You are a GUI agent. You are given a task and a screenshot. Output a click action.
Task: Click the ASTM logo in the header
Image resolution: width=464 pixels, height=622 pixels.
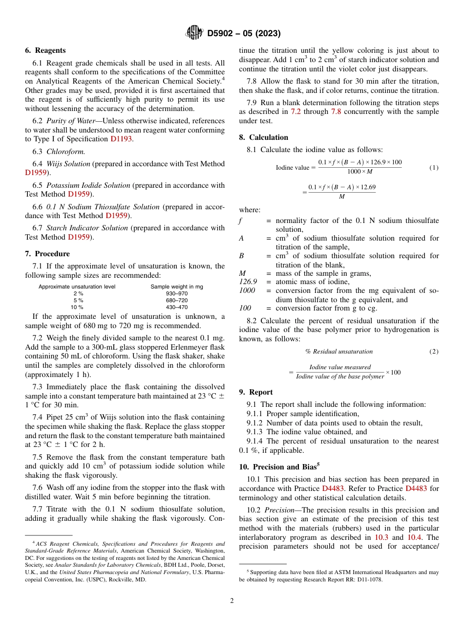pyautogui.click(x=194, y=33)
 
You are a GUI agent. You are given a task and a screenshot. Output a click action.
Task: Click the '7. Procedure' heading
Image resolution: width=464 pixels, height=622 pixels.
pyautogui.click(x=47, y=254)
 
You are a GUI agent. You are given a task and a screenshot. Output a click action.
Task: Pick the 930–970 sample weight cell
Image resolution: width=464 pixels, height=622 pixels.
pyautogui.click(x=176, y=293)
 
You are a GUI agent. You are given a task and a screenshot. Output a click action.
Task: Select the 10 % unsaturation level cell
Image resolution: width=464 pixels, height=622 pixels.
pyautogui.click(x=77, y=307)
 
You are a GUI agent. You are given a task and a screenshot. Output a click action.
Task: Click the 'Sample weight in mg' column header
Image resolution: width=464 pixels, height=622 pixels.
pyautogui.click(x=176, y=287)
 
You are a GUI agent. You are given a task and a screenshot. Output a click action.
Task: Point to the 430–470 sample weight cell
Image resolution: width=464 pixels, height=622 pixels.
pyautogui.click(x=176, y=307)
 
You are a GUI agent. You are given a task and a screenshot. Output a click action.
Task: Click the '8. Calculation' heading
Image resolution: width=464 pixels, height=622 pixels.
pyautogui.click(x=263, y=137)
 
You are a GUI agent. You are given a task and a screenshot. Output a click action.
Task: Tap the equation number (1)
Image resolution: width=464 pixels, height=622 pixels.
pyautogui.click(x=434, y=168)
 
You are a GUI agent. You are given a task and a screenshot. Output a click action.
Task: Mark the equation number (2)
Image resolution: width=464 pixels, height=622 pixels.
pyautogui.click(x=434, y=352)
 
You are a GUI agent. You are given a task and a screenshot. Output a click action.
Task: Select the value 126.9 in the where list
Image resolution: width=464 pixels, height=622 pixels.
pyautogui.click(x=248, y=282)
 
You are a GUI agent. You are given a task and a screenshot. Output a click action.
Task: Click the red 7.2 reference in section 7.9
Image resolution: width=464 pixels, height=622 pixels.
pyautogui.click(x=296, y=112)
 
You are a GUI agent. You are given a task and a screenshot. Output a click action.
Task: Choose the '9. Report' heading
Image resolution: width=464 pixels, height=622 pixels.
pyautogui.click(x=256, y=392)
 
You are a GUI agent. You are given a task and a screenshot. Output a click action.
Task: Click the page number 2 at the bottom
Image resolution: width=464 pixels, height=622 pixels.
pyautogui.click(x=232, y=601)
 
